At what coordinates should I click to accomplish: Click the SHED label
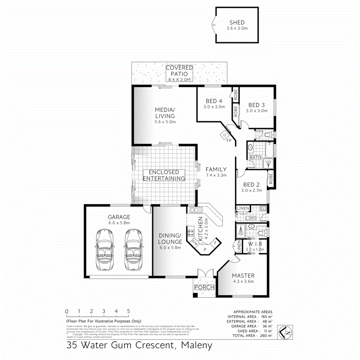(x=237, y=23)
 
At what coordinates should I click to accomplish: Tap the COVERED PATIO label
(x=180, y=71)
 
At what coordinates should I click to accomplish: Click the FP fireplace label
(x=229, y=141)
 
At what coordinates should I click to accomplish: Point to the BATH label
(x=255, y=158)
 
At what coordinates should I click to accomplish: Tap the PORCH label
(x=204, y=288)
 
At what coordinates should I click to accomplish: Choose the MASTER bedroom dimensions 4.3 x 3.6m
(x=243, y=281)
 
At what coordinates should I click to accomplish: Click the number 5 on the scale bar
(x=128, y=311)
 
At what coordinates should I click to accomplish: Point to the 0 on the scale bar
(x=67, y=311)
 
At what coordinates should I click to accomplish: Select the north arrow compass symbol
(x=284, y=332)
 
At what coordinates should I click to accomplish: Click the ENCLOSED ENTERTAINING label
(x=164, y=175)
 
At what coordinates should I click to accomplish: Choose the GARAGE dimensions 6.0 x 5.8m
(x=119, y=223)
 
